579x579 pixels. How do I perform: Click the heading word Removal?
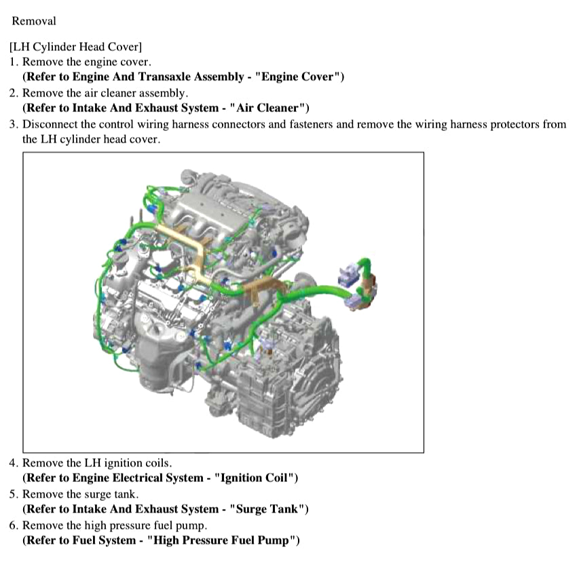point(34,21)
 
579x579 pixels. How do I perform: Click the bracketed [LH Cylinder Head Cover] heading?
point(76,47)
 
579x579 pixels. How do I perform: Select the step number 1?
point(14,62)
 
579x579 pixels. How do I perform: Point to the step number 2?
point(14,93)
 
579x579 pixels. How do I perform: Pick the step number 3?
point(14,124)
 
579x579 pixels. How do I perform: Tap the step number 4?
point(14,463)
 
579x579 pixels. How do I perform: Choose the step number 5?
point(14,494)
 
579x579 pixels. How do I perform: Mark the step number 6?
point(14,525)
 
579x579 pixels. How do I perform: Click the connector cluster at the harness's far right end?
point(358,285)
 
